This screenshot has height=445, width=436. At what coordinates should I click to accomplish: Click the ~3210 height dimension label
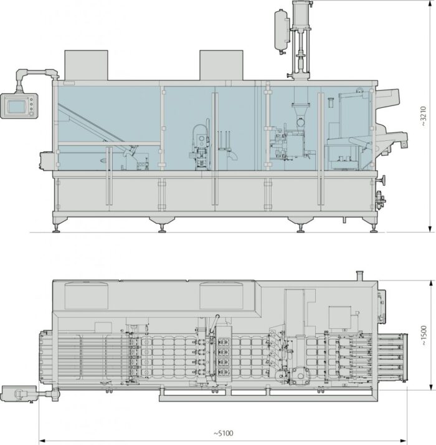(x=423, y=116)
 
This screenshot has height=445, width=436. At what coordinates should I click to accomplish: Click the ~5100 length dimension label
(x=223, y=433)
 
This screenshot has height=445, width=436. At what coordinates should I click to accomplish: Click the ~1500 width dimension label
(x=423, y=335)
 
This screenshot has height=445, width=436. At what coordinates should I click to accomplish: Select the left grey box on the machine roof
(x=86, y=65)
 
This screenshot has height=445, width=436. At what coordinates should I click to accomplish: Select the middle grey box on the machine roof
(x=221, y=65)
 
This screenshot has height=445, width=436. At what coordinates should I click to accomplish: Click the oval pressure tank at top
(x=282, y=31)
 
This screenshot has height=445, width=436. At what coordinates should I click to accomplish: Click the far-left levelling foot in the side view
(x=56, y=229)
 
